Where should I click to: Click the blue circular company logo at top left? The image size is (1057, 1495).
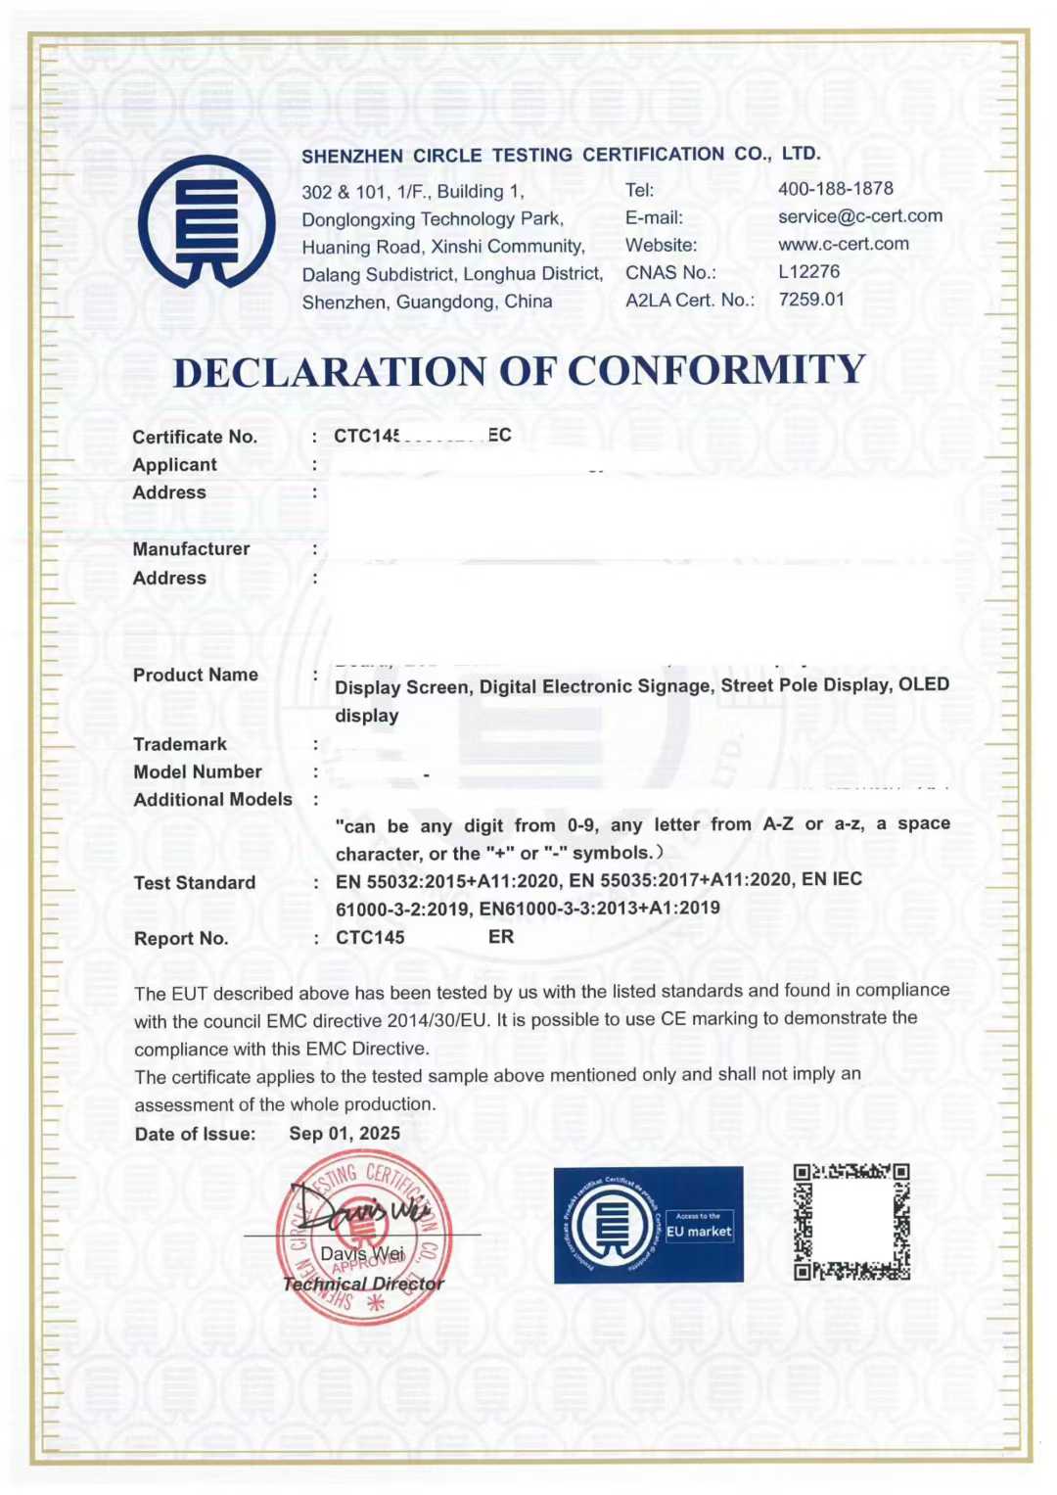pos(207,222)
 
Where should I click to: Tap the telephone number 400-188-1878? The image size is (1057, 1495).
pos(835,188)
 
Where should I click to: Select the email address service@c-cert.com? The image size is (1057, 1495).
pos(859,215)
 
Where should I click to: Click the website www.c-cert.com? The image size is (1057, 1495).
pos(843,244)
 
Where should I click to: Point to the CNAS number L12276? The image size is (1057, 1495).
pos(808,271)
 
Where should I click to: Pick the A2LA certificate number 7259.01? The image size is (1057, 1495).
pos(810,299)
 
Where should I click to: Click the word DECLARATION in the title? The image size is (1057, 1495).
pos(329,372)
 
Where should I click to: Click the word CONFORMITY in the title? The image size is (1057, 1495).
pos(716,371)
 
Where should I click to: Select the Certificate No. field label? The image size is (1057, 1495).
pos(195,437)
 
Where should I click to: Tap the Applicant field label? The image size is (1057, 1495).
pos(174,465)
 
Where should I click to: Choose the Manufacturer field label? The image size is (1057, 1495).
pos(191,549)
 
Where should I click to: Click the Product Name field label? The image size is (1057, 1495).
pos(196,675)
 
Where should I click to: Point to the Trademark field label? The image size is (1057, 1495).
pos(180,744)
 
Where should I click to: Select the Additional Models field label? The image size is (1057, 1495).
pos(212,800)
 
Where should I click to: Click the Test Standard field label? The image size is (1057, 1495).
pos(195,883)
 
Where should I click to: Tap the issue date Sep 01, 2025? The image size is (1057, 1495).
pos(345,1134)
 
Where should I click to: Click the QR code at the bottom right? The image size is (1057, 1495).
pos(851,1222)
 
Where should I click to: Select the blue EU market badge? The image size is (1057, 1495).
pos(648,1225)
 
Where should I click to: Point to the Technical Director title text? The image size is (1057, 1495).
pos(363,1284)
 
